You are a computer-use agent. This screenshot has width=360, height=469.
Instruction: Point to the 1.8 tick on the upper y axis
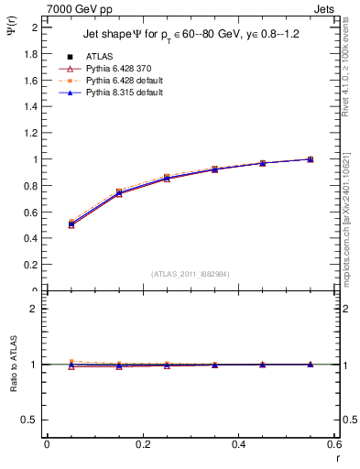(x=32, y=54)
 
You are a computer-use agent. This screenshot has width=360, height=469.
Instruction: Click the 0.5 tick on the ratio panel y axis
(x=29, y=420)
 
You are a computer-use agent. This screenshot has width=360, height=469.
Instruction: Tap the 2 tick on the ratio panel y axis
(x=35, y=309)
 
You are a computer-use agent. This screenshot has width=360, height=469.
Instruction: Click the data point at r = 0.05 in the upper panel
(x=71, y=223)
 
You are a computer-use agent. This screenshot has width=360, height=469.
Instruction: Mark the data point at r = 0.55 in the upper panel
(x=311, y=159)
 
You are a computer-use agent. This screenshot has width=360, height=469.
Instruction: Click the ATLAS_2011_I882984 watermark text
(x=190, y=272)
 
